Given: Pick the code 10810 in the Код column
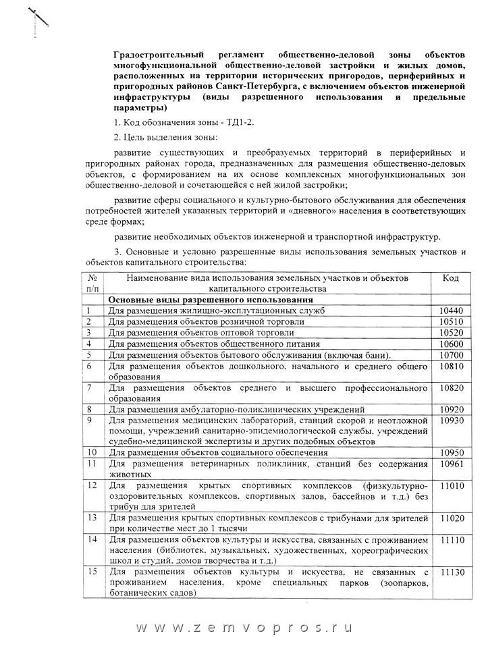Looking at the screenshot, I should click(x=450, y=367).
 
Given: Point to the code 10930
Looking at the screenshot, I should click(x=450, y=421).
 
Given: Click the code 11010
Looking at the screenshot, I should click(x=450, y=485).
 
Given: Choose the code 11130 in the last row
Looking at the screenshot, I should click(x=450, y=572).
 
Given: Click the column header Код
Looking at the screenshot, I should click(x=450, y=278).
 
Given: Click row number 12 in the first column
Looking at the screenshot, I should click(x=92, y=485).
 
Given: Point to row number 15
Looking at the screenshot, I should click(x=92, y=572).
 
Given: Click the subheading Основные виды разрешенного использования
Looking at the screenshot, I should click(x=211, y=300).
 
